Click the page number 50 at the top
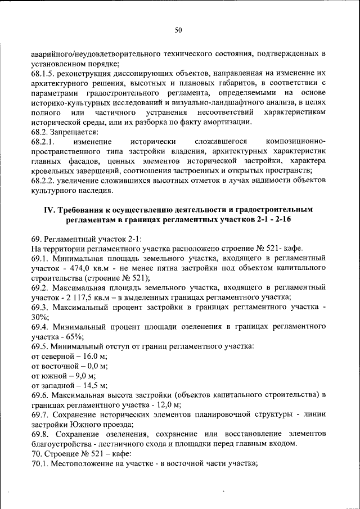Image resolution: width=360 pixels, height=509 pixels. tap(178, 30)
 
